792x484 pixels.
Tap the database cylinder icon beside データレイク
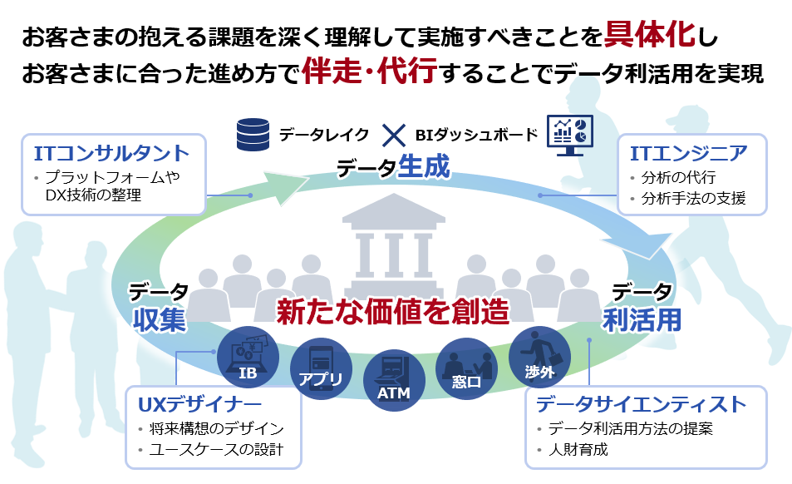253,134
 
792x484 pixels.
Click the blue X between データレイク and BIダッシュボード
392,135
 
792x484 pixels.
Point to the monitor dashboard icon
569,134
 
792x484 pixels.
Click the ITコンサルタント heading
112,153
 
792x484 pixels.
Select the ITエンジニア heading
688,153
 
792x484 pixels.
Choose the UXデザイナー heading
199,404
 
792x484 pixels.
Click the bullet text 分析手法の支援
693,199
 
